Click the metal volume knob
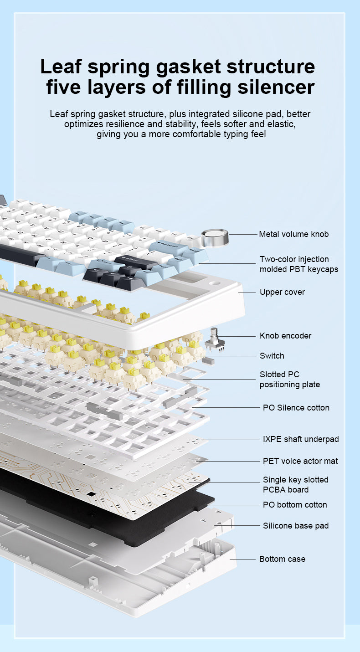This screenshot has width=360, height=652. point(215,238)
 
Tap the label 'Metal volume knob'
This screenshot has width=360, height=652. point(293,234)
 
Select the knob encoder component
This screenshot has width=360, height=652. point(215,340)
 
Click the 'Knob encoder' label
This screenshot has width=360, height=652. point(285,336)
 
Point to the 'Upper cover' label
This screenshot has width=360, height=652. point(282,292)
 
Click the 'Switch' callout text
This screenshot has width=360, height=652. point(272,356)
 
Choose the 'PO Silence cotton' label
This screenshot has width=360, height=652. point(296,407)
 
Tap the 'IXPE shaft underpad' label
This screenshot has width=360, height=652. point(301,439)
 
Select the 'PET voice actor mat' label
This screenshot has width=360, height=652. point(300,461)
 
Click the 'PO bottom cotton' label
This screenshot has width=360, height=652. point(295,504)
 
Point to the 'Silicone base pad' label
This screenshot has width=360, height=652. point(296,525)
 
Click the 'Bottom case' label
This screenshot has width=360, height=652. point(282,559)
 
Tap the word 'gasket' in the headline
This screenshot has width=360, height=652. point(189,67)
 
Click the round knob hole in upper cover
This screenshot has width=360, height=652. point(215,283)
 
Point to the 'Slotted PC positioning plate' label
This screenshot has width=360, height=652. point(289,379)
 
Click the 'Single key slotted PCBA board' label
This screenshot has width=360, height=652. point(295,485)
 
